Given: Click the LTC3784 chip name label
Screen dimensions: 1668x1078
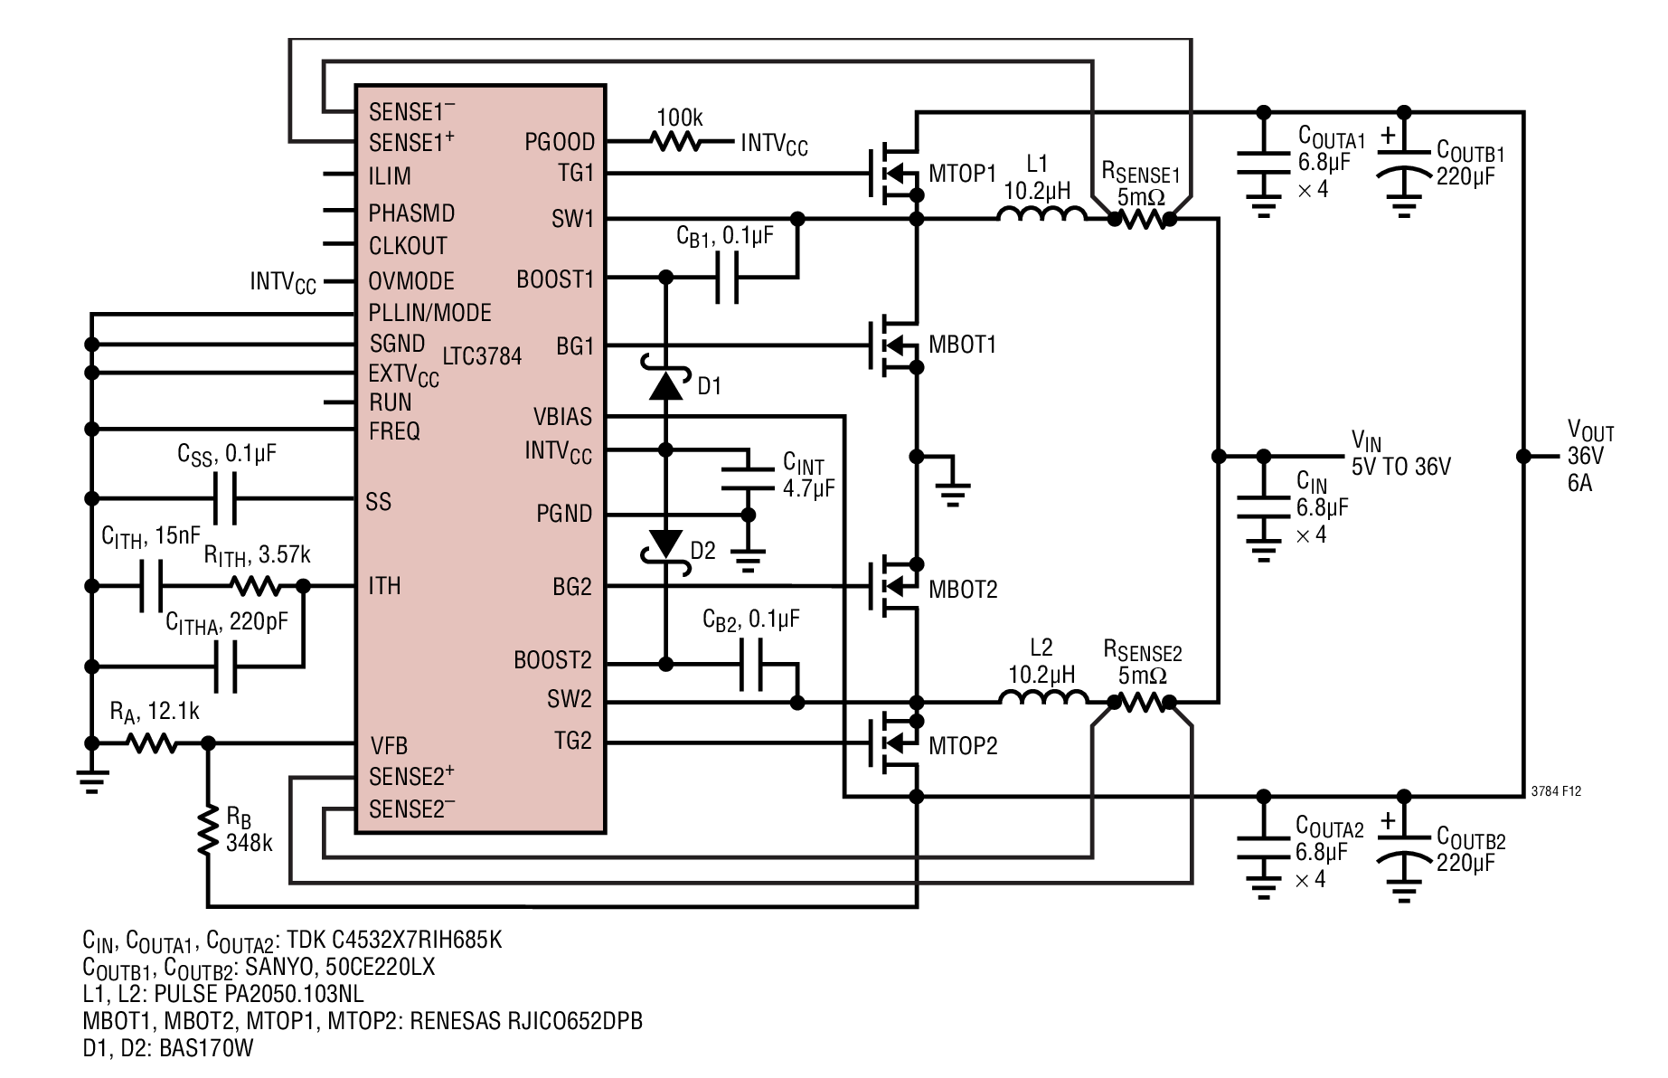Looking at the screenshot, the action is pyautogui.click(x=482, y=356).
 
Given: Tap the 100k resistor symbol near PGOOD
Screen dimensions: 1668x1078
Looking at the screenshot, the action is pyautogui.click(x=676, y=142).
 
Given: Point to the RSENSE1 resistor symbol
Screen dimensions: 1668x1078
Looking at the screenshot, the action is pyautogui.click(x=1141, y=219).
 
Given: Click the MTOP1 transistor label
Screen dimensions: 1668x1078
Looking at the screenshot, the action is pyautogui.click(x=962, y=174).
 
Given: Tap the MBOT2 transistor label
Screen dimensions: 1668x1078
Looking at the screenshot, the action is pyautogui.click(x=963, y=590).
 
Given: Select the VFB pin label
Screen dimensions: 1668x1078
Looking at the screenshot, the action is pyautogui.click(x=389, y=746).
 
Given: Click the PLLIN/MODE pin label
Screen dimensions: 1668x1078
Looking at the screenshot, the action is pyautogui.click(x=429, y=313).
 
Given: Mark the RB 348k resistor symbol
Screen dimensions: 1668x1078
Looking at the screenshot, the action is pyautogui.click(x=208, y=829).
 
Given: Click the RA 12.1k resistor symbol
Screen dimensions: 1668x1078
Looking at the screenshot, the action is pyautogui.click(x=151, y=743).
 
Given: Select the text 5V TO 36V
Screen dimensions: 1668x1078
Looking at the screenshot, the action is pyautogui.click(x=1400, y=467).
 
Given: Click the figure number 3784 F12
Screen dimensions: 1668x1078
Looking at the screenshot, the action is pyautogui.click(x=1556, y=790).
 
